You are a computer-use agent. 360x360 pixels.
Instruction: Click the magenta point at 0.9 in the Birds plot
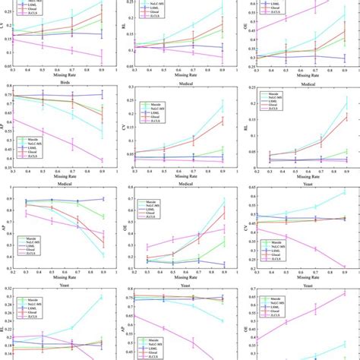102,159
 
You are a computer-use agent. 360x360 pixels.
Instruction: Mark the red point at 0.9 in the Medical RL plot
346,115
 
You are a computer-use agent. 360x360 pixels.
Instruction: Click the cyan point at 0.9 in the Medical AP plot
102,255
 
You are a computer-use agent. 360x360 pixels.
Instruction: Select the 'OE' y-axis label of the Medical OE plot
125,226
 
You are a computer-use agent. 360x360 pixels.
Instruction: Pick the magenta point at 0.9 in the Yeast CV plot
346,267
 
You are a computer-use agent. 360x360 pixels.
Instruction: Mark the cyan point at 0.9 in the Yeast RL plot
102,298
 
